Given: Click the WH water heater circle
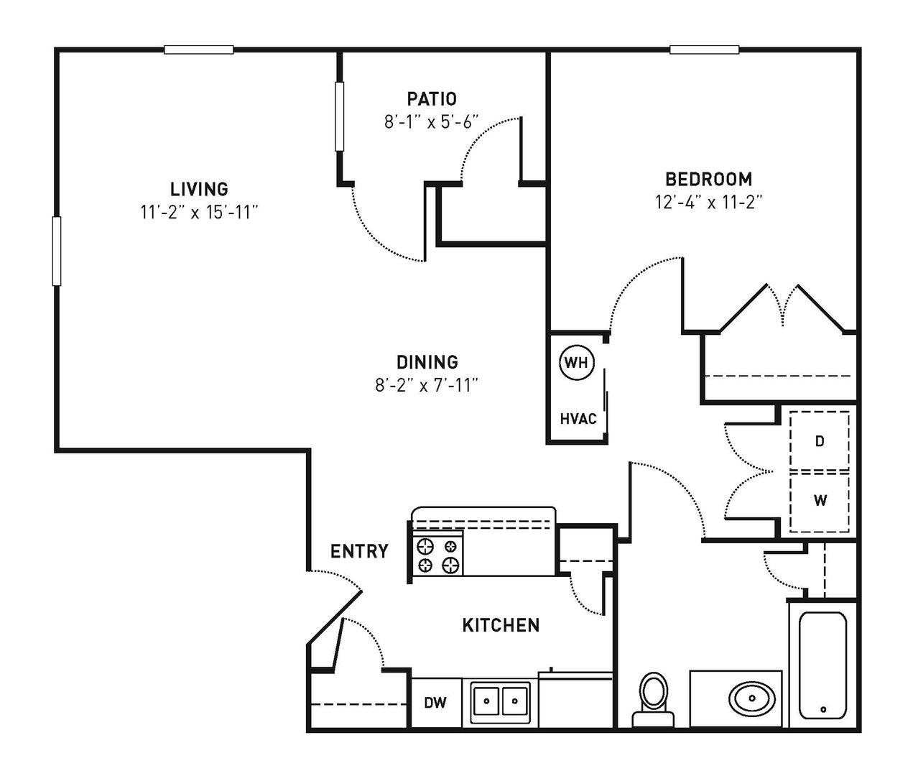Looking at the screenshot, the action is [x=577, y=362].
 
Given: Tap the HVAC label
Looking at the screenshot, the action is [x=578, y=418].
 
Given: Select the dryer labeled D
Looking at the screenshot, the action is [x=820, y=440].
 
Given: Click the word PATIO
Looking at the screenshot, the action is [x=432, y=99].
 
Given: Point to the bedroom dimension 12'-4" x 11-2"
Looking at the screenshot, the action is [x=709, y=203].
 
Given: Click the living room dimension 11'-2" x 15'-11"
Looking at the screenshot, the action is [x=199, y=213].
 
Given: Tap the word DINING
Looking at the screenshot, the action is [x=427, y=362].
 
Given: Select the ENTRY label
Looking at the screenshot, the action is [x=360, y=552].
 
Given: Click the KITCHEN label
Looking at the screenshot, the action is [x=501, y=625].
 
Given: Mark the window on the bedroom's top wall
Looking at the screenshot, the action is [x=704, y=50].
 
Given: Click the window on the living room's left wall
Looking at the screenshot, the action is [x=57, y=251].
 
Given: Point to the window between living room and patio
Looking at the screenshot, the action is [x=339, y=116].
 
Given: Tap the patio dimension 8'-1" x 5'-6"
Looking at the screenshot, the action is [x=432, y=121].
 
